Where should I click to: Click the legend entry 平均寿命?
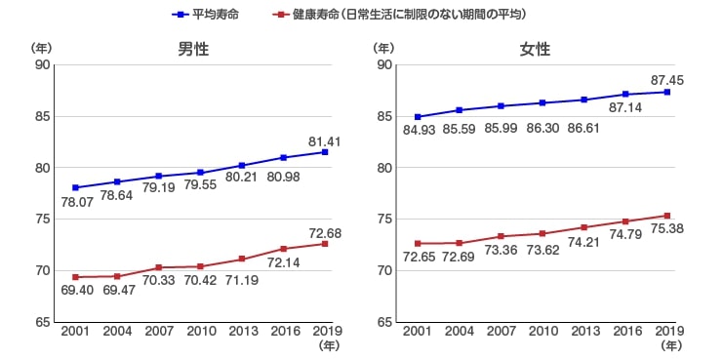coord(217,15)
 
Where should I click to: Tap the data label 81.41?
coord(324,140)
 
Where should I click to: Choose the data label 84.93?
coord(418,131)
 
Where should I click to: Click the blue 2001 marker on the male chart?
coord(76,187)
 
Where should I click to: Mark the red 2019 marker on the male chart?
coord(325,243)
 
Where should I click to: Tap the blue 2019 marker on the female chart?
coord(666,92)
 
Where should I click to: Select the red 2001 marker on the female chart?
coord(418,243)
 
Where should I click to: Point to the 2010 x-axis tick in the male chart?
coord(200,333)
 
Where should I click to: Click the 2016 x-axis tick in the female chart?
coord(624,333)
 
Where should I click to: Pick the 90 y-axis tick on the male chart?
coord(41,65)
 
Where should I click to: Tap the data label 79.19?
coord(159,188)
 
